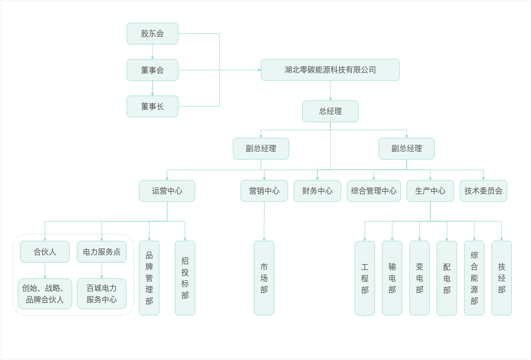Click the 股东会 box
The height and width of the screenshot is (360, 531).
[x=153, y=33]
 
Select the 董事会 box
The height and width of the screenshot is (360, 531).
[x=153, y=70]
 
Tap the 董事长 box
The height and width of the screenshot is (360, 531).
[x=153, y=106]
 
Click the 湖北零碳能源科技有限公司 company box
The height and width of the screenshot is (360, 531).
[x=330, y=70]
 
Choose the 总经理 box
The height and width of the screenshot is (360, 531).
[x=330, y=111]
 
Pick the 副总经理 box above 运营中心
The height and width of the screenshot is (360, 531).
[x=261, y=148]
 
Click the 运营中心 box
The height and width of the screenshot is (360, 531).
[x=167, y=191]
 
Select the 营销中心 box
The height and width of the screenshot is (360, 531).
[x=264, y=191]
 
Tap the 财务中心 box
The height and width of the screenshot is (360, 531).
[x=317, y=191]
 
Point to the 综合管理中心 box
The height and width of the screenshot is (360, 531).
[x=374, y=191]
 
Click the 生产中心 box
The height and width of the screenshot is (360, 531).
[x=430, y=191]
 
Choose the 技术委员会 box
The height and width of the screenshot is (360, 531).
[x=483, y=191]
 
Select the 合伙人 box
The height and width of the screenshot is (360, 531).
[x=45, y=252]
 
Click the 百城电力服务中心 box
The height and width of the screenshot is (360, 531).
[x=102, y=294]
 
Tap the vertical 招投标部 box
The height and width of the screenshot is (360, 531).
[x=185, y=278]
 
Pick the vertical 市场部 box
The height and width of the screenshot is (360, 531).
[x=264, y=278]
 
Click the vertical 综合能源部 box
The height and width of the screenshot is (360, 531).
[x=474, y=278]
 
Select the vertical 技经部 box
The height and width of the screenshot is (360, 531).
[x=501, y=278]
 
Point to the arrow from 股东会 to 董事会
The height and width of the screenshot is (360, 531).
[x=153, y=51]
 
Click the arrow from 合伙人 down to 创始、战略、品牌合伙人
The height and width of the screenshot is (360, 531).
[x=45, y=270]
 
